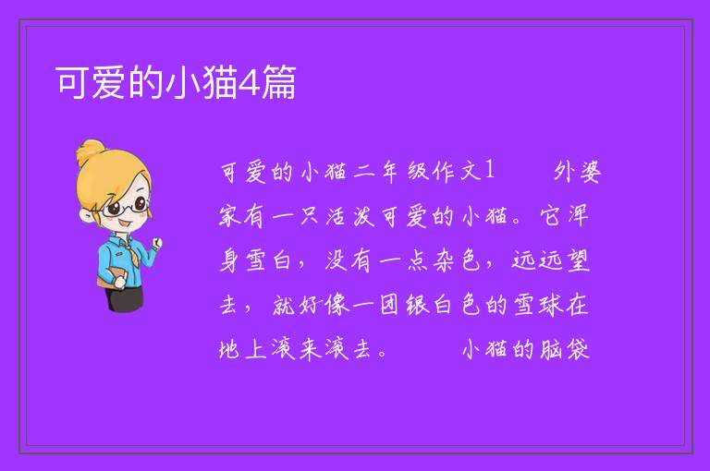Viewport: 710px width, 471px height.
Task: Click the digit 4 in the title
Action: (250, 82)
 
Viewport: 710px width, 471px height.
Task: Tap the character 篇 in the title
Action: (279, 82)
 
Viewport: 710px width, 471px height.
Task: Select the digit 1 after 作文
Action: (489, 170)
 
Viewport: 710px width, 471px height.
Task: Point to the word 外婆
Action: (577, 172)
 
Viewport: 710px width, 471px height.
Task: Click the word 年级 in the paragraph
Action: (404, 172)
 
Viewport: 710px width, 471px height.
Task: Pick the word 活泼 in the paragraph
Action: (350, 216)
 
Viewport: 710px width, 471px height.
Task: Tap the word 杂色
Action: (457, 260)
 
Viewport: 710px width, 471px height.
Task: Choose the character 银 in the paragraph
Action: (417, 305)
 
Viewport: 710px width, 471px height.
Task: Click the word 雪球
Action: (537, 305)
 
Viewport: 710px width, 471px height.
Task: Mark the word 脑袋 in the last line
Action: (564, 349)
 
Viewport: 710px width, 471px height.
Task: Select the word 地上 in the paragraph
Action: (243, 349)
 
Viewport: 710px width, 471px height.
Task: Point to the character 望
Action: (578, 260)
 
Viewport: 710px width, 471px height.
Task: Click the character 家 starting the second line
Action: (230, 216)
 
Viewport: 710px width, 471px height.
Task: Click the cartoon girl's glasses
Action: (128, 207)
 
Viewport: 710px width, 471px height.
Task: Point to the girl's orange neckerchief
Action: (131, 247)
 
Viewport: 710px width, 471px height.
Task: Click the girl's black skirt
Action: (125, 297)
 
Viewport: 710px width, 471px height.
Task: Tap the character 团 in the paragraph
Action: (390, 305)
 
